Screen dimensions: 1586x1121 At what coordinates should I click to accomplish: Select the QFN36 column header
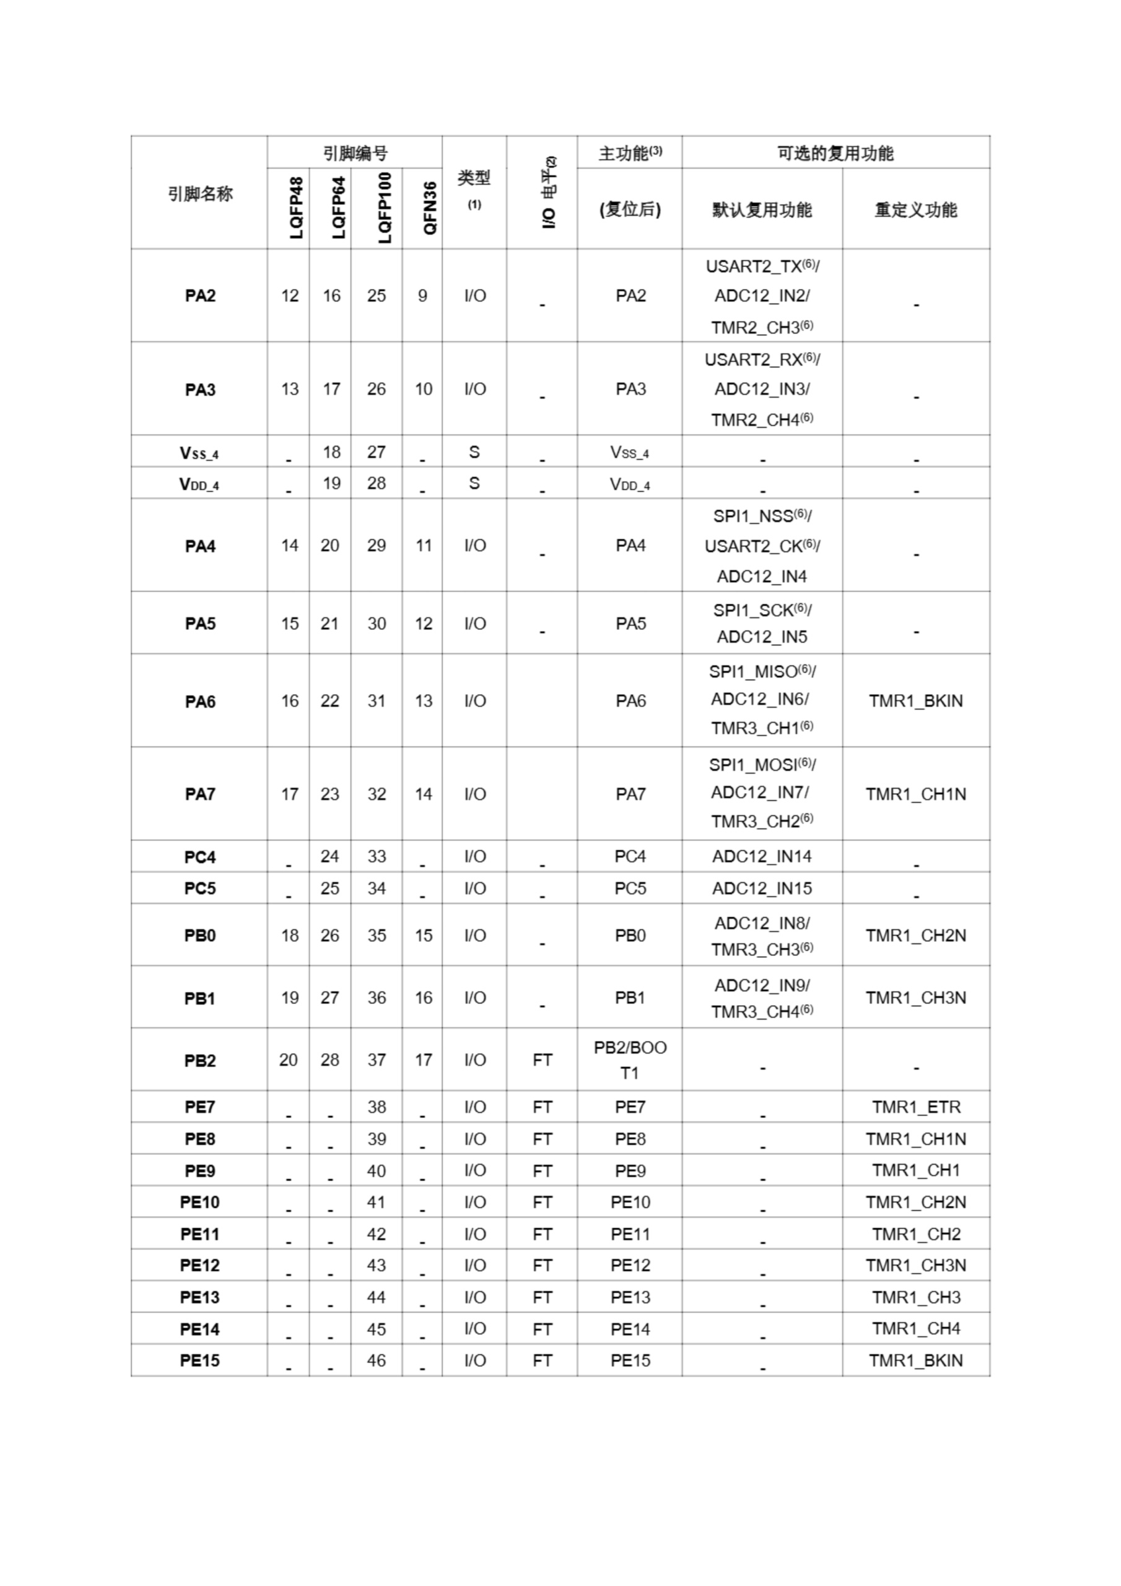click(430, 208)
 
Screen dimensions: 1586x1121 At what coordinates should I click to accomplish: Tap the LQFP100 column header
click(385, 208)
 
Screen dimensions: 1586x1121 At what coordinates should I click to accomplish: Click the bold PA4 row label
click(200, 546)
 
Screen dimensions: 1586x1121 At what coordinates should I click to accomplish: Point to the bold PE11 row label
click(199, 1234)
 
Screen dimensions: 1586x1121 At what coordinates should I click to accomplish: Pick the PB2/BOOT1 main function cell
click(630, 1060)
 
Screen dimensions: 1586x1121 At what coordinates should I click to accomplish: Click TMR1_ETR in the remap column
click(916, 1107)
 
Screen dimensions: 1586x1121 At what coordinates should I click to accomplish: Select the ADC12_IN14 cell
click(762, 857)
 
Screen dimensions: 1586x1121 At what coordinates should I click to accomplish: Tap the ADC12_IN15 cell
click(762, 888)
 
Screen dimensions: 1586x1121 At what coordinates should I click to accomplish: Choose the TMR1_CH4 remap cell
click(916, 1329)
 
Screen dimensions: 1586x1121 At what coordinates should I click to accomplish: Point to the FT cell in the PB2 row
click(542, 1060)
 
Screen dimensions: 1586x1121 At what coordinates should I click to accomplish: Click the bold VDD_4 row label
click(199, 484)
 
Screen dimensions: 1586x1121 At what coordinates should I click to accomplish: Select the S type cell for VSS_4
click(474, 452)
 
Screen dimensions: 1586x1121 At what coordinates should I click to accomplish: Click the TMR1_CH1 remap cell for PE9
click(916, 1171)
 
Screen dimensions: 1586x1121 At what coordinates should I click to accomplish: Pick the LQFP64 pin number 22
click(330, 701)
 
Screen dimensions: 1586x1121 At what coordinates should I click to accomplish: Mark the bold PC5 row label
click(199, 888)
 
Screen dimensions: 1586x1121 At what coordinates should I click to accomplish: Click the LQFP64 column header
click(338, 208)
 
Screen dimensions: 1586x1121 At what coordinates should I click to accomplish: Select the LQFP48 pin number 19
click(289, 998)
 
